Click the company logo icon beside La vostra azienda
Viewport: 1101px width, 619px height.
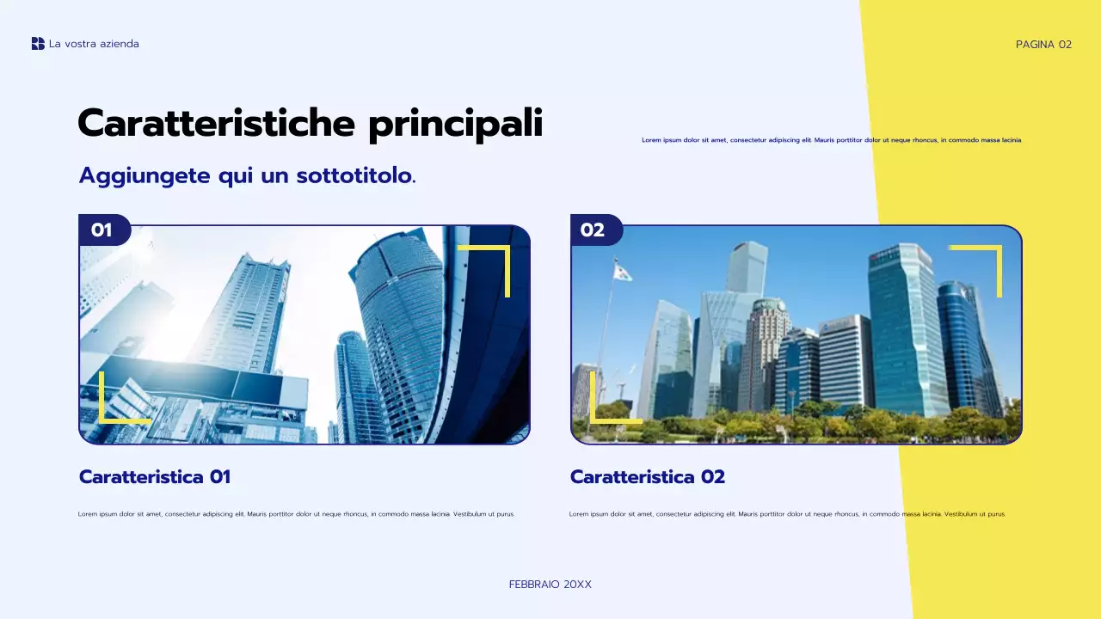tap(38, 44)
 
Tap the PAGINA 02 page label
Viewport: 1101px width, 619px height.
tap(1043, 45)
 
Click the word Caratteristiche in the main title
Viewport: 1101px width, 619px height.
tap(215, 124)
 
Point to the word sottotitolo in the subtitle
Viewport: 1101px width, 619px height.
tap(354, 175)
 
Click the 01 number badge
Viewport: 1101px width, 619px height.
tap(102, 230)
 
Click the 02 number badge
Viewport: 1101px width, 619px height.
tap(594, 230)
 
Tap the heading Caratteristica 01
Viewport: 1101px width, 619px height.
tap(155, 476)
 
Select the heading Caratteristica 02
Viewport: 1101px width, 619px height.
tap(647, 476)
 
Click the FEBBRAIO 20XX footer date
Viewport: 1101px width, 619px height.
tap(550, 585)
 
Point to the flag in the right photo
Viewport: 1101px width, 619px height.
tap(622, 272)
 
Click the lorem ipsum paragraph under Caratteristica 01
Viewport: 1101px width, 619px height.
tap(297, 514)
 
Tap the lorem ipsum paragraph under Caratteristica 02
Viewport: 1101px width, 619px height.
tap(787, 514)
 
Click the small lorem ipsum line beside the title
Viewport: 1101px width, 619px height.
tap(831, 140)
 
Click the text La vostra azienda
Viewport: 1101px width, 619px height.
tap(94, 44)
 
